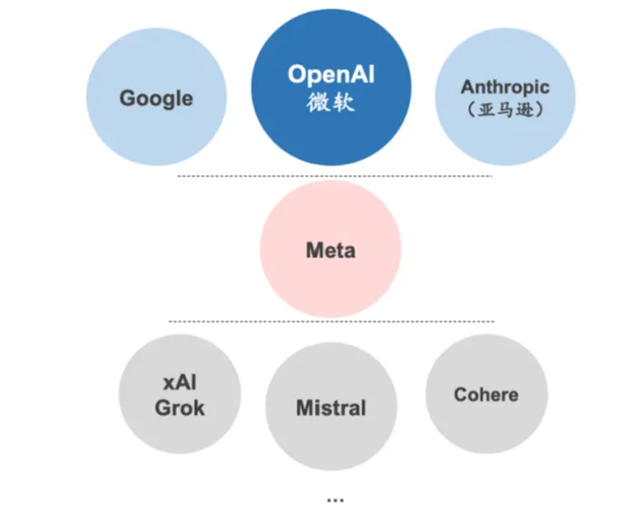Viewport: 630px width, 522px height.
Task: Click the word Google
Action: pyautogui.click(x=156, y=99)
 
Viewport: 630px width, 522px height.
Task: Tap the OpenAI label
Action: pyautogui.click(x=331, y=74)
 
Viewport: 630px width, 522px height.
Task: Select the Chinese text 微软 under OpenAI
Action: pyautogui.click(x=330, y=102)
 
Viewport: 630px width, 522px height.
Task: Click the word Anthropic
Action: pyautogui.click(x=505, y=88)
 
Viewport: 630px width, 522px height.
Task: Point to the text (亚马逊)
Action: pyautogui.click(x=506, y=109)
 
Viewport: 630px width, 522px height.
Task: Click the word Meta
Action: pyautogui.click(x=330, y=251)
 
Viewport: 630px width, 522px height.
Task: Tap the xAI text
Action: pyautogui.click(x=180, y=382)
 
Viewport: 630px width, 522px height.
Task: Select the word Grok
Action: pyautogui.click(x=180, y=408)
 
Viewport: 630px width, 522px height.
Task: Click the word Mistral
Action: pyautogui.click(x=331, y=408)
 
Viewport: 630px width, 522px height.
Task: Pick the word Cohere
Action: pyautogui.click(x=487, y=395)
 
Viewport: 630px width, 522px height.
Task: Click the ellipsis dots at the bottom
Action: pyautogui.click(x=335, y=501)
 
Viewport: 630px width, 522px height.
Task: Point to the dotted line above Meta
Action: pyautogui.click(x=335, y=176)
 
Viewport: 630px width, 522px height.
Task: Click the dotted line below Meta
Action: pyautogui.click(x=331, y=321)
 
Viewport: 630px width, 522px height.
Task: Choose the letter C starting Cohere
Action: pyautogui.click(x=461, y=395)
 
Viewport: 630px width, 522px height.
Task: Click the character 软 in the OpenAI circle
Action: pyautogui.click(x=343, y=102)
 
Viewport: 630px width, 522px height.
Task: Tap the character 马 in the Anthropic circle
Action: pyautogui.click(x=506, y=109)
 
